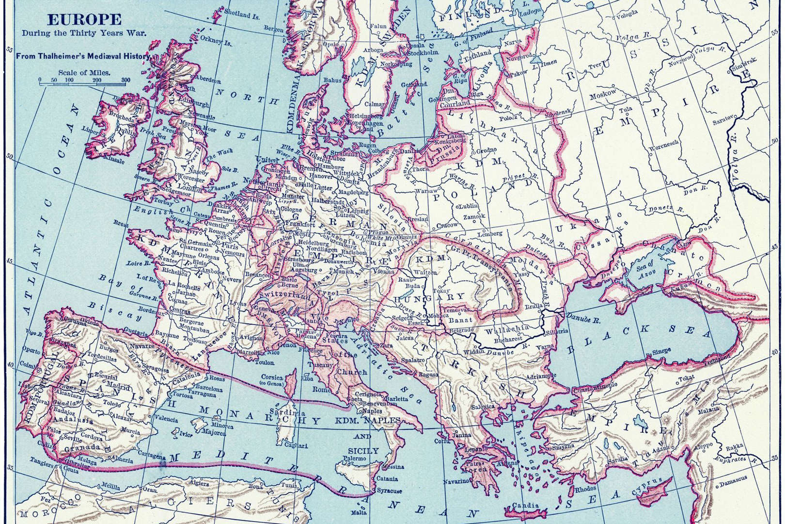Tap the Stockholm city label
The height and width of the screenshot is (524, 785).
[x=426, y=52]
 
